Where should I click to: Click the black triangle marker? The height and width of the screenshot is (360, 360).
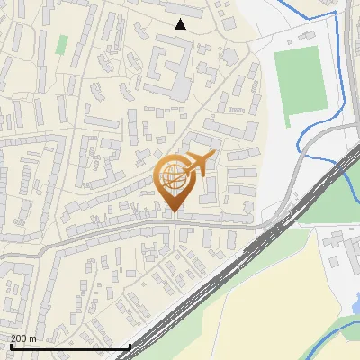point(181,24)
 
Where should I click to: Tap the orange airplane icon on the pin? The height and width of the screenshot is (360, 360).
point(198,162)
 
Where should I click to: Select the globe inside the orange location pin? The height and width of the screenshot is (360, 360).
point(173,175)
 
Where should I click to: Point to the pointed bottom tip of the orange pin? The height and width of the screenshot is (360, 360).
point(174,211)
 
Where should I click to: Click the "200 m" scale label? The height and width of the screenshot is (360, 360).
point(22,337)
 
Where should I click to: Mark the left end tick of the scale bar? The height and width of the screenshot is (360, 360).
point(10,345)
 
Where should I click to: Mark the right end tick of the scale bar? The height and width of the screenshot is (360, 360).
point(130,345)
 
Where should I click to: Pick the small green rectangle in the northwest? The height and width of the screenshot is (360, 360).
point(61,44)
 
